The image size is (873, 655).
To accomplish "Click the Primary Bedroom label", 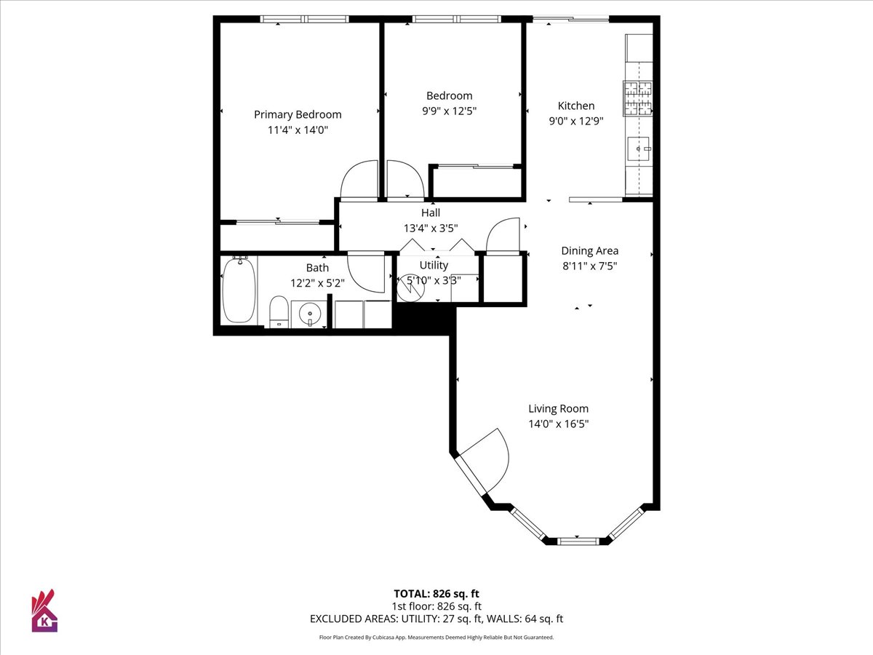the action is coord(298,114).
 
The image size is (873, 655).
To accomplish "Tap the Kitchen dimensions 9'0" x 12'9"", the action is coord(576,121).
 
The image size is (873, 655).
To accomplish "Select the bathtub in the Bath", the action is coord(239,290).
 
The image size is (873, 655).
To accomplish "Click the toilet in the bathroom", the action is coord(279,311).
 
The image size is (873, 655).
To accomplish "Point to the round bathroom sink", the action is coord(309,314).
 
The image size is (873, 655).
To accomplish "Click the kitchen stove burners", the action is coord(637,98).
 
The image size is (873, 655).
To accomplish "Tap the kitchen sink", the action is coord(638,148).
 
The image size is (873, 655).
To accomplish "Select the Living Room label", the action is coord(559,408).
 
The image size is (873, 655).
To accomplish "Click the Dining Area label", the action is coord(590,250).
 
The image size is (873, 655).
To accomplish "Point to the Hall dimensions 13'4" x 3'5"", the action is coord(431,229).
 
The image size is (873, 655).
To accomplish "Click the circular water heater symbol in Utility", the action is coord(411,287).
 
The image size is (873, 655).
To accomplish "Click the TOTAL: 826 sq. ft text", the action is coord(436,594).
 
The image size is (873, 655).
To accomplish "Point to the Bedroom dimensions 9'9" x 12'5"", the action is coord(450,111).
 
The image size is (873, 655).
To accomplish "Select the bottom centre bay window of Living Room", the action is coord(578,541).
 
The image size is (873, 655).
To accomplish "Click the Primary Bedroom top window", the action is coord(305,19).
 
